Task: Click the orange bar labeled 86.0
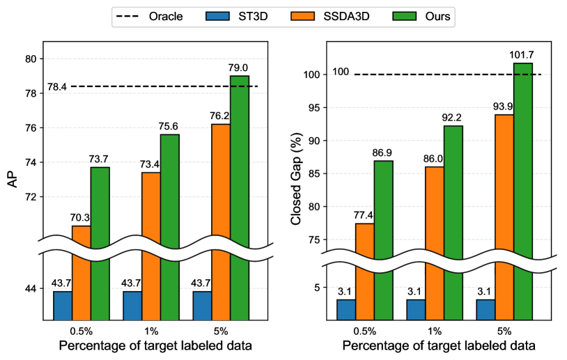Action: [435, 237]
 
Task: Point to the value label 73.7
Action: [100, 159]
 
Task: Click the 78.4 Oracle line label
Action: [57, 87]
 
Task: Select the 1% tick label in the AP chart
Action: [151, 330]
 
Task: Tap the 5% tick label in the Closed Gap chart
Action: [505, 330]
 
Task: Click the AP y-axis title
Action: [13, 180]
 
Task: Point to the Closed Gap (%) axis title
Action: [296, 180]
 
